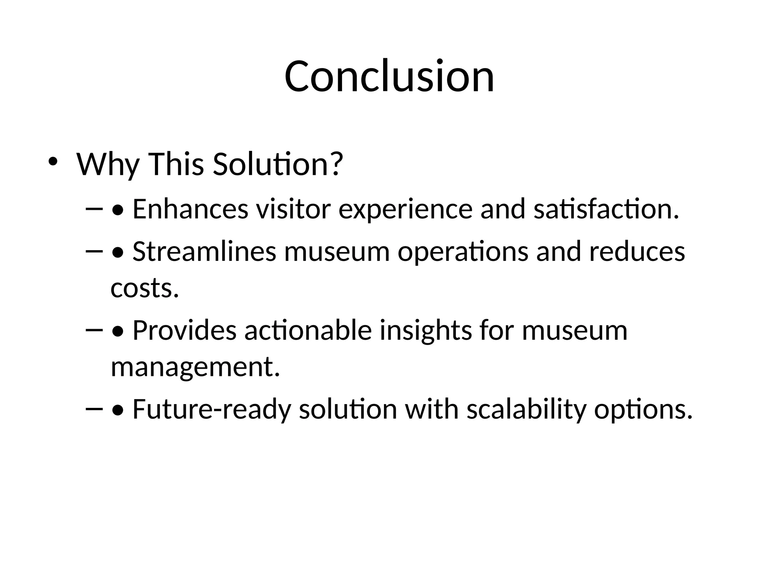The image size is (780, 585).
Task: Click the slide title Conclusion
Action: click(x=389, y=76)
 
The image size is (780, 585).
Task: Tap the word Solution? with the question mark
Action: click(x=278, y=164)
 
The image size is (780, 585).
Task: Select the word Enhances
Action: click(x=190, y=209)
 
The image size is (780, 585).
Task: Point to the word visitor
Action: click(x=293, y=209)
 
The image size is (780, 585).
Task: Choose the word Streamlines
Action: click(x=204, y=252)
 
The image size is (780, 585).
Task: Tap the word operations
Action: click(x=463, y=253)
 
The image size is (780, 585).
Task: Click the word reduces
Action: click(x=637, y=252)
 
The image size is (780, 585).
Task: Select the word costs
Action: click(x=145, y=288)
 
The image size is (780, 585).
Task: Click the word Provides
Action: click(x=184, y=330)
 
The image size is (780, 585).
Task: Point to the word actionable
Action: click(x=308, y=330)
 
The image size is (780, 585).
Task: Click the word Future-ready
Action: click(x=212, y=409)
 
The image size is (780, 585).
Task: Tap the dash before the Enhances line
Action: click(x=95, y=209)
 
